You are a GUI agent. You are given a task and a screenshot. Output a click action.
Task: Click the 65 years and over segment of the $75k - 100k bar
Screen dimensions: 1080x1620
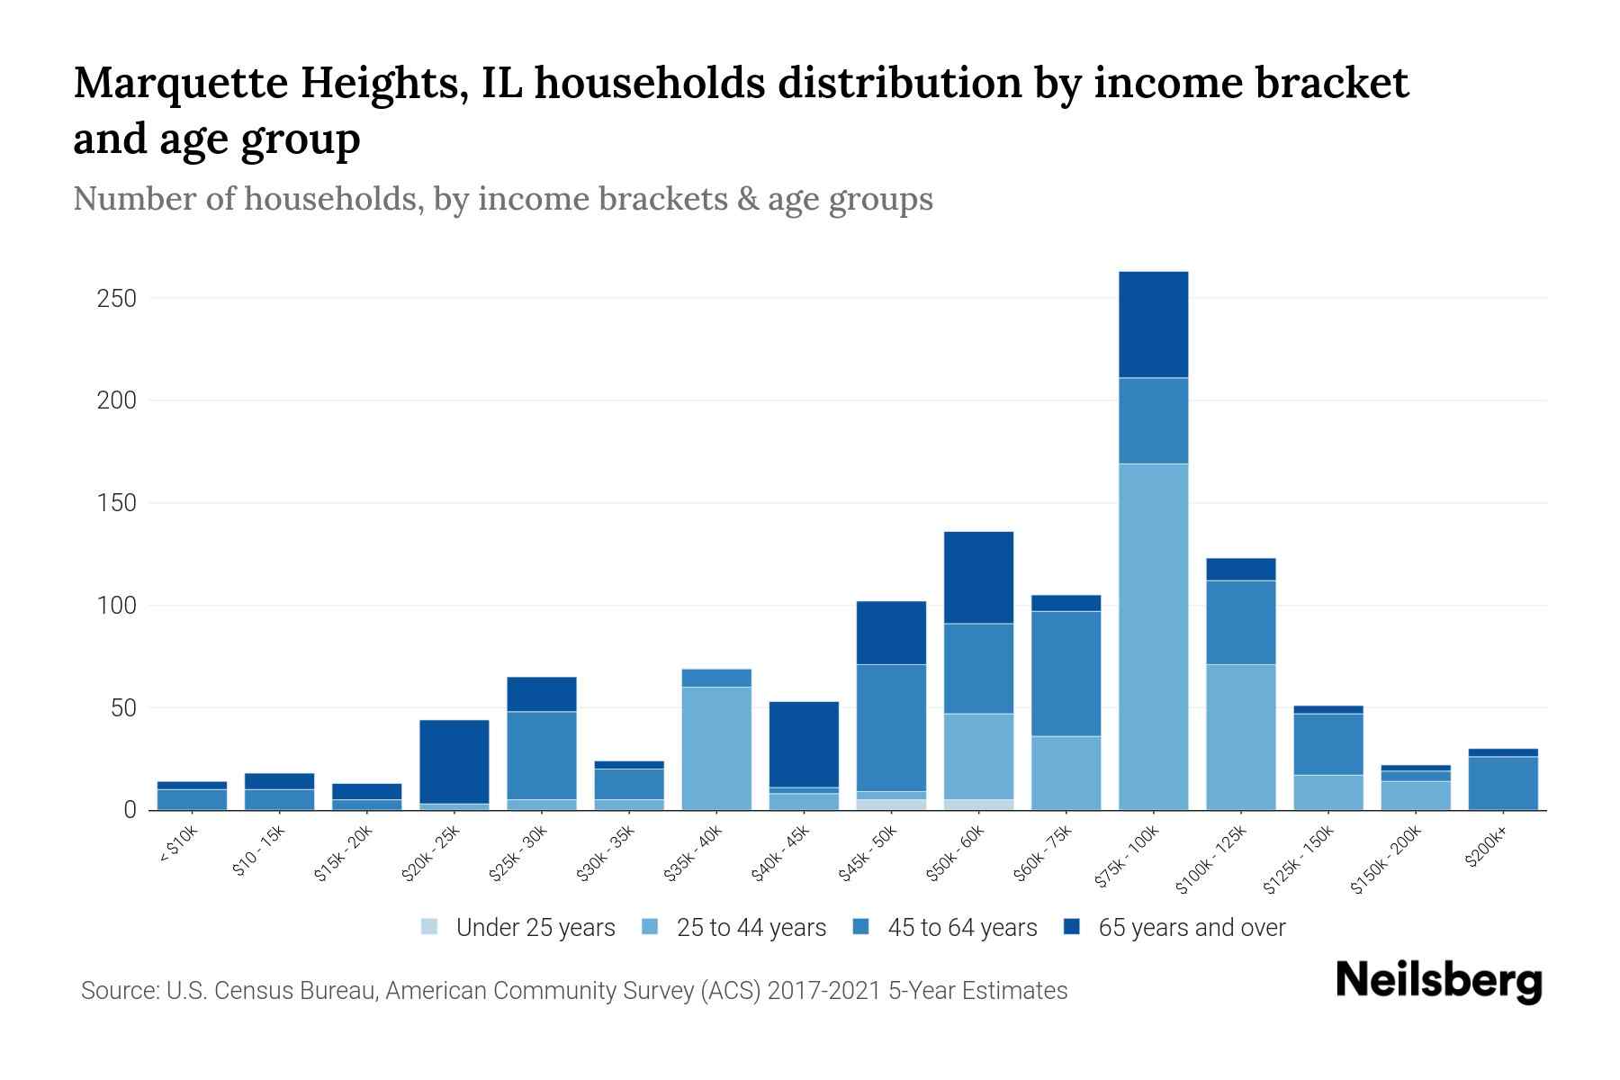click(x=1153, y=324)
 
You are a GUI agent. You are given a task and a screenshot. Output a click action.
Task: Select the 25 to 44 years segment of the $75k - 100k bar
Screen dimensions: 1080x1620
click(x=1153, y=636)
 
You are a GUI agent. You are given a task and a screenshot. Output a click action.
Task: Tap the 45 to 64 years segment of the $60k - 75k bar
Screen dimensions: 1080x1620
click(x=1066, y=673)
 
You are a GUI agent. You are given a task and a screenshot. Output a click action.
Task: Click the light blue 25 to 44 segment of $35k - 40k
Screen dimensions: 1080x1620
click(x=716, y=748)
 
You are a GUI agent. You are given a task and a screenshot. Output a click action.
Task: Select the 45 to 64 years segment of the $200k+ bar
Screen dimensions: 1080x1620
click(x=1502, y=783)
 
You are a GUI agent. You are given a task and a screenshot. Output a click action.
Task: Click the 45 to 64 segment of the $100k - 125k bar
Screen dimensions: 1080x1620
click(x=1240, y=622)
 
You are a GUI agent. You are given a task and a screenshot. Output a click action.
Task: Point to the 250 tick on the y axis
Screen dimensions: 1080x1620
click(x=116, y=298)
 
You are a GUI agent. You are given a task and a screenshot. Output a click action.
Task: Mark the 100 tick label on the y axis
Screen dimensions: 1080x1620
click(x=116, y=606)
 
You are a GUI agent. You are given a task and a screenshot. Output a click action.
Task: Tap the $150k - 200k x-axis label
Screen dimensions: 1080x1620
click(x=1385, y=861)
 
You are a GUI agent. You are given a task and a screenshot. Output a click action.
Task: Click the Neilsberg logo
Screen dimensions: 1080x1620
click(x=1438, y=981)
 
